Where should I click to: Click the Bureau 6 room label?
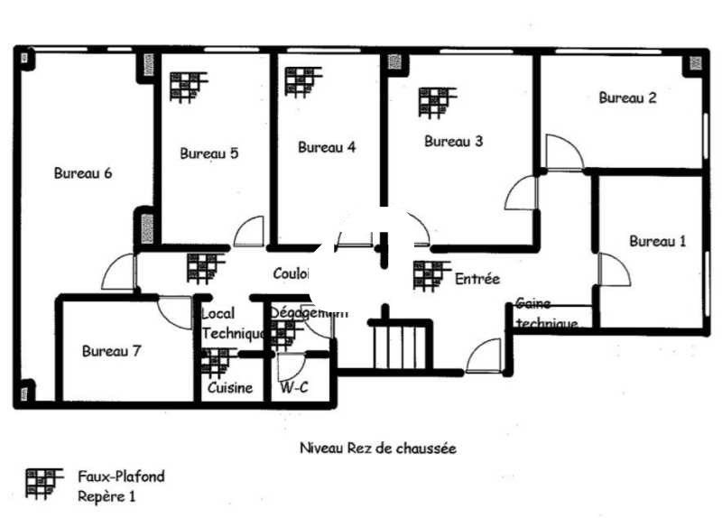(x=83, y=173)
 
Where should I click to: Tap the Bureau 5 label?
(x=209, y=153)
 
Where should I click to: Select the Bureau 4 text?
(x=327, y=147)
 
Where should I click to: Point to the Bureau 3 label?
(x=454, y=141)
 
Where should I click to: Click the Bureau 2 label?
(x=627, y=98)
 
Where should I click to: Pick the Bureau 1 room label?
(x=658, y=241)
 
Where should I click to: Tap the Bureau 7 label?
(x=111, y=351)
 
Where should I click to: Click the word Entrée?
(x=477, y=279)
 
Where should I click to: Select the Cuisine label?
(x=230, y=389)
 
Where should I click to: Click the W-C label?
(x=293, y=389)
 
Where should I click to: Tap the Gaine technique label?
(x=546, y=314)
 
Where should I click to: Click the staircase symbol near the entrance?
(x=397, y=344)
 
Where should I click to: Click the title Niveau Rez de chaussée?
(x=378, y=447)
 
